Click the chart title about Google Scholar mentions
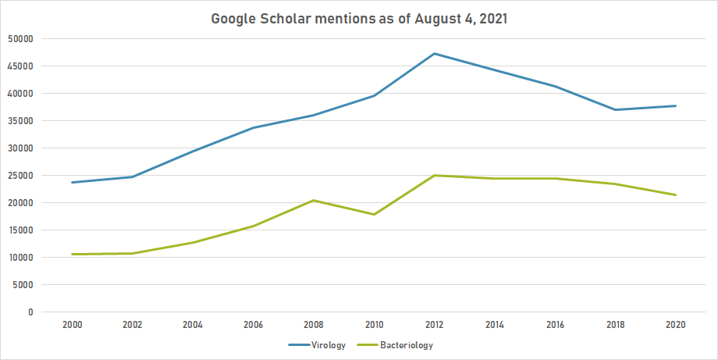pos(359,19)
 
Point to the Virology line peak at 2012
pos(434,53)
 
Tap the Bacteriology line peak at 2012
pos(434,175)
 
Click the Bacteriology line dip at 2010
pos(374,214)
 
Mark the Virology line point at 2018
pos(615,109)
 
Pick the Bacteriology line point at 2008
pos(313,200)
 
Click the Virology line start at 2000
pos(72,182)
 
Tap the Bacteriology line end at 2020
pos(675,194)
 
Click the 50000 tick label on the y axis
pos(22,38)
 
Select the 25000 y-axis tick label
pos(22,175)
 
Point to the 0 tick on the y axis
pos(31,312)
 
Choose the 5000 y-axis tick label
pos(24,284)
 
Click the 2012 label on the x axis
pos(434,324)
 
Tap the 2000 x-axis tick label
pos(72,324)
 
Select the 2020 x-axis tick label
pos(675,324)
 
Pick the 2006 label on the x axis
pos(253,324)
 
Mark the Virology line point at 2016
pos(555,86)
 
